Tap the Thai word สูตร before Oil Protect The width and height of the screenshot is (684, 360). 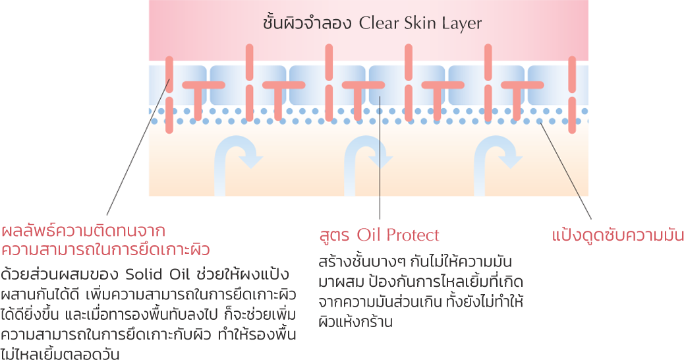point(335,235)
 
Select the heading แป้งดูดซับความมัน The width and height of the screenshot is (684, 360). point(617,235)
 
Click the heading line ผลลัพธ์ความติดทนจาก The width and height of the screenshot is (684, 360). point(82,231)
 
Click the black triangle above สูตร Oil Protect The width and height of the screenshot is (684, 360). point(380,210)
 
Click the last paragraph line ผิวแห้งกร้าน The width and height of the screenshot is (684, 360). point(355,321)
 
